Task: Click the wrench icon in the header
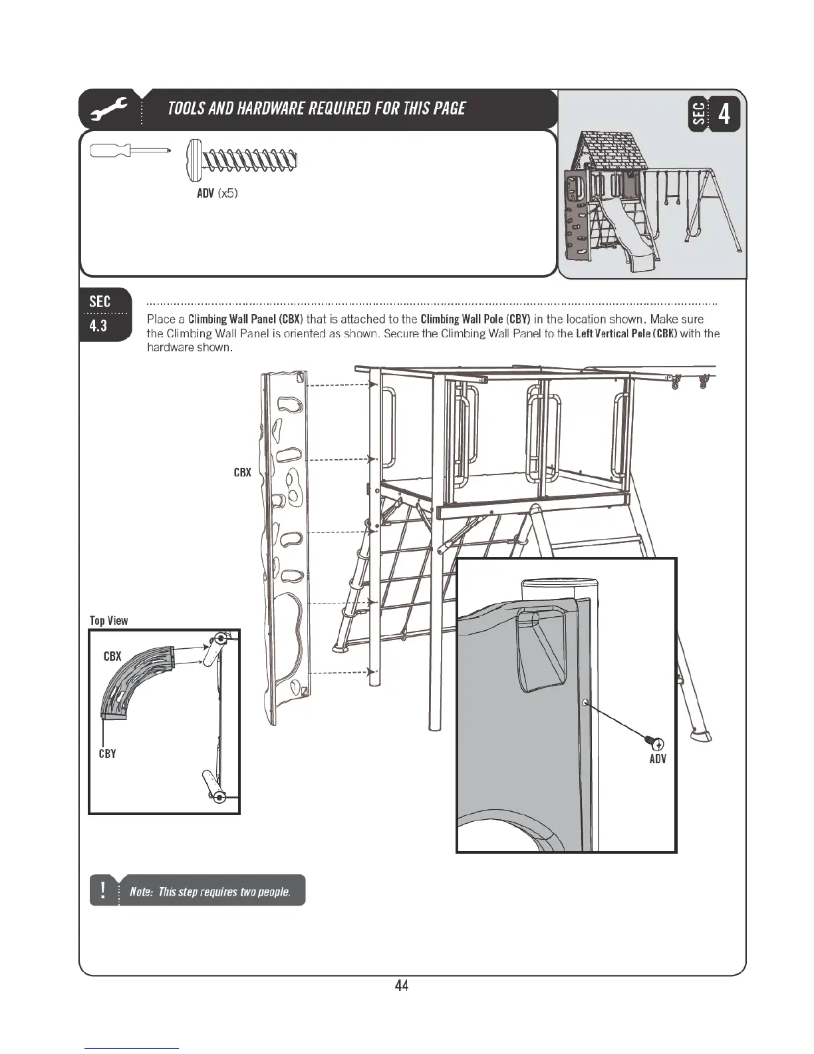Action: click(111, 109)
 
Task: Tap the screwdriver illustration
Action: click(130, 151)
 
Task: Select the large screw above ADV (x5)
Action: click(241, 160)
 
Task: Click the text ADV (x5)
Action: click(217, 194)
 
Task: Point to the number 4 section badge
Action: click(724, 114)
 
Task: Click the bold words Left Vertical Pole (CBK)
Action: click(626, 333)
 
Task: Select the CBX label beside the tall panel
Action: click(242, 472)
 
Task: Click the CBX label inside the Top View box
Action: click(112, 656)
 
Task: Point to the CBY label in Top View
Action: click(107, 754)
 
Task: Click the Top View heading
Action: click(109, 620)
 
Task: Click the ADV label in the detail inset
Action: click(658, 759)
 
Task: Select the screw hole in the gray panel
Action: click(585, 702)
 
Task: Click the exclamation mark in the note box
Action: click(103, 890)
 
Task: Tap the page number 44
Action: click(401, 985)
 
